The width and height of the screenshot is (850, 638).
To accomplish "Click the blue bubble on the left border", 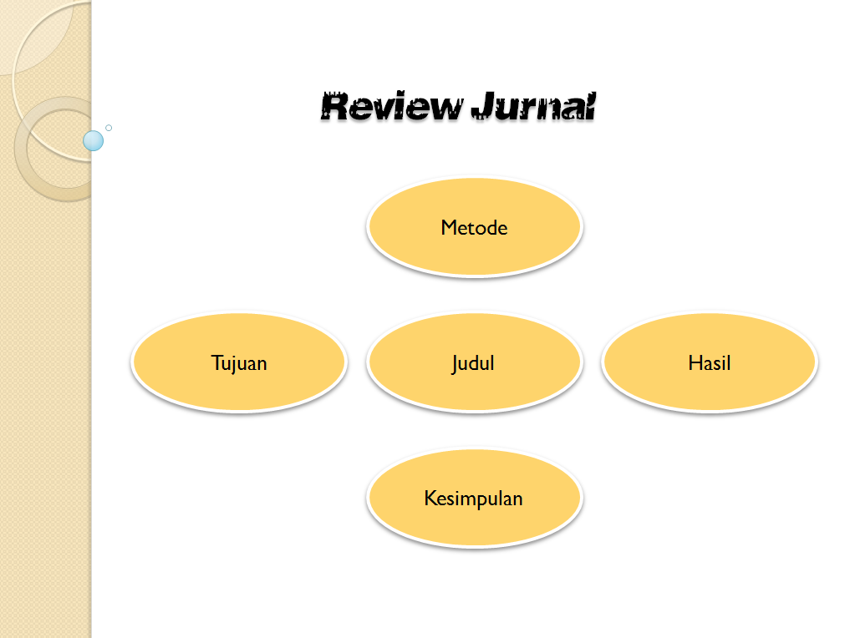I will [x=94, y=141].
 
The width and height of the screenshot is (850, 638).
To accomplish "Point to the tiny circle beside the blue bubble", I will [x=109, y=128].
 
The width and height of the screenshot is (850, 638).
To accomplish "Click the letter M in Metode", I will [x=448, y=227].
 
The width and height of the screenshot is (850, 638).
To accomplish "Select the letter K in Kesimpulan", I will [x=430, y=499].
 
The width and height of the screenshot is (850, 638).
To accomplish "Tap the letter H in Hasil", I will [x=694, y=362].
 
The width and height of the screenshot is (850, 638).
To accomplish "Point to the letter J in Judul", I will [x=456, y=363].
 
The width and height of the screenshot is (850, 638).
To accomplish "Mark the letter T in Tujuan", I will [x=216, y=362].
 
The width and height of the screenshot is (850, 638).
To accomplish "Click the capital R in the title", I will [x=335, y=107].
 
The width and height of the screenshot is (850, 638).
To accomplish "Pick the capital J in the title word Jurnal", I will [x=484, y=107].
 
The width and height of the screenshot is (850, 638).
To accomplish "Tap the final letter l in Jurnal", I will [x=589, y=107].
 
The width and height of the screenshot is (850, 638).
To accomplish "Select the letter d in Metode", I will [x=490, y=227].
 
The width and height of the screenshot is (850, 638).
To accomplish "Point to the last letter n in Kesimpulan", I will [x=517, y=499].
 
